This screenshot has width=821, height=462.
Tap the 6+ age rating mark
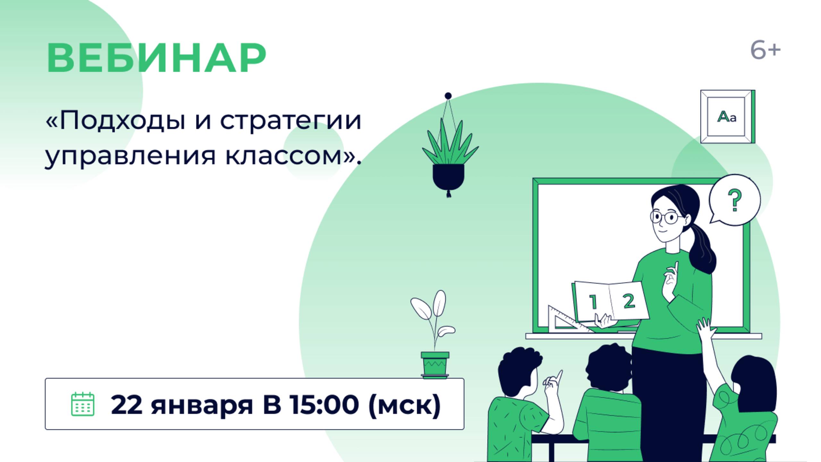(x=765, y=51)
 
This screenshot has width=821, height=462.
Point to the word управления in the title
(x=130, y=156)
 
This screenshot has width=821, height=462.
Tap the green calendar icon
(x=82, y=404)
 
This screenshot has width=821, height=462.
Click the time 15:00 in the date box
(x=324, y=404)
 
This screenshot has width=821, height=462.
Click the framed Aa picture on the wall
(x=727, y=117)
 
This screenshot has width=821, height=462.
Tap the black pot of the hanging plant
(x=448, y=176)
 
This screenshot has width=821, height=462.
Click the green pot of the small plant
(x=435, y=364)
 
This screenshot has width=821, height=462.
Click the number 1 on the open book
(x=593, y=302)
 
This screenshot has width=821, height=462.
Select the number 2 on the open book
(x=629, y=301)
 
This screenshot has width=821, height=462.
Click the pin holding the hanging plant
(x=448, y=96)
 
